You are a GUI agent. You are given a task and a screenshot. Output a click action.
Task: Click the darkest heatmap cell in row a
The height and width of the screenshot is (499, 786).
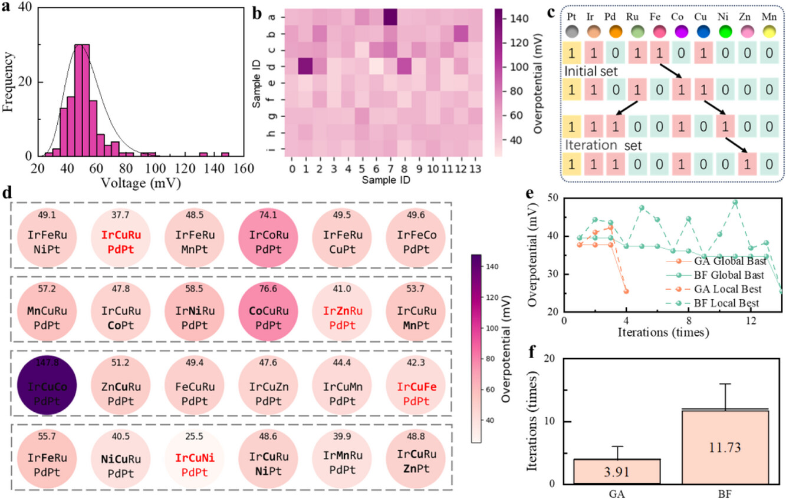390,18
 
